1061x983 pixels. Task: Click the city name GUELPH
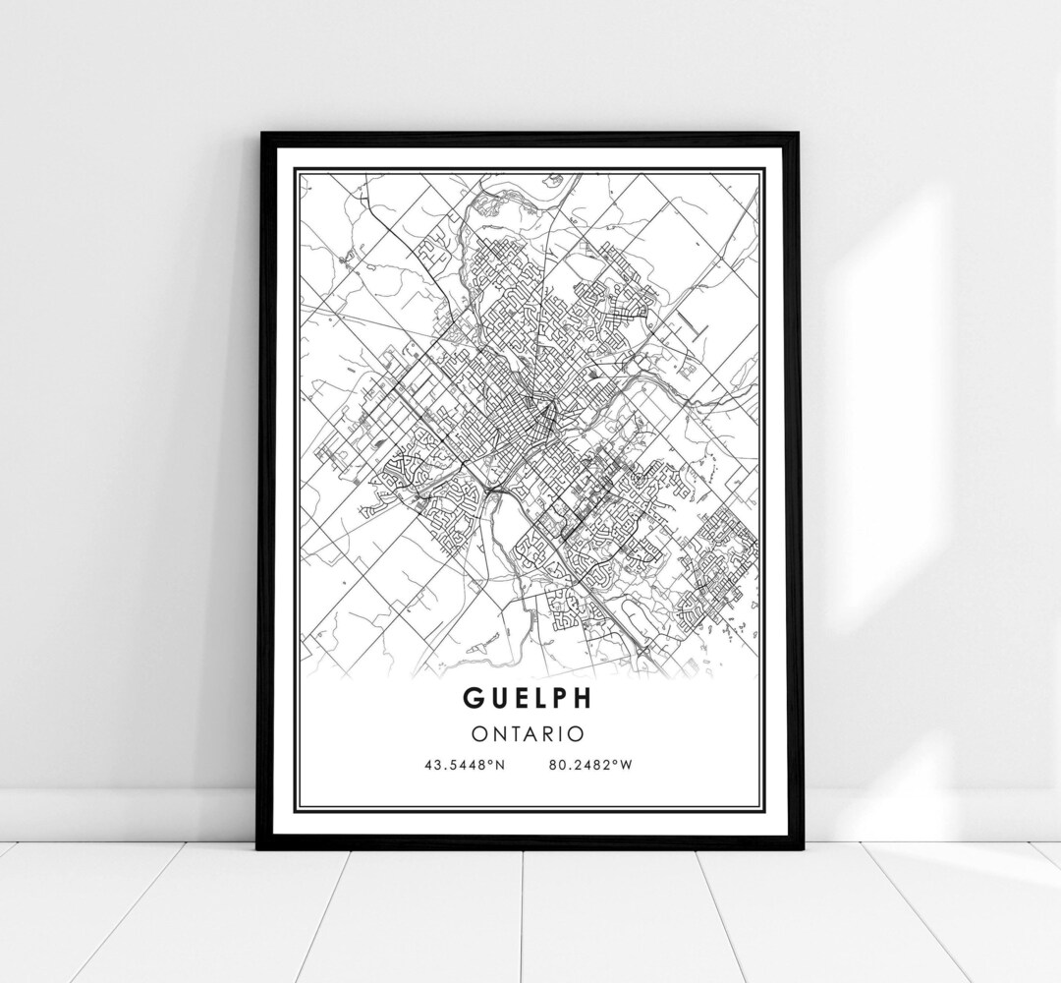point(529,698)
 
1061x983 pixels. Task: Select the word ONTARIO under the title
point(529,733)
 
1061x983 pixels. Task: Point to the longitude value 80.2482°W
point(586,766)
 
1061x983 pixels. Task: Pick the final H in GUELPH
point(583,698)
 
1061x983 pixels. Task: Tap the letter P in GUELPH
point(561,698)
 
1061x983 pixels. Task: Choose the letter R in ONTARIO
point(550,733)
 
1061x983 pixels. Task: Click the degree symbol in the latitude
point(491,763)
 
